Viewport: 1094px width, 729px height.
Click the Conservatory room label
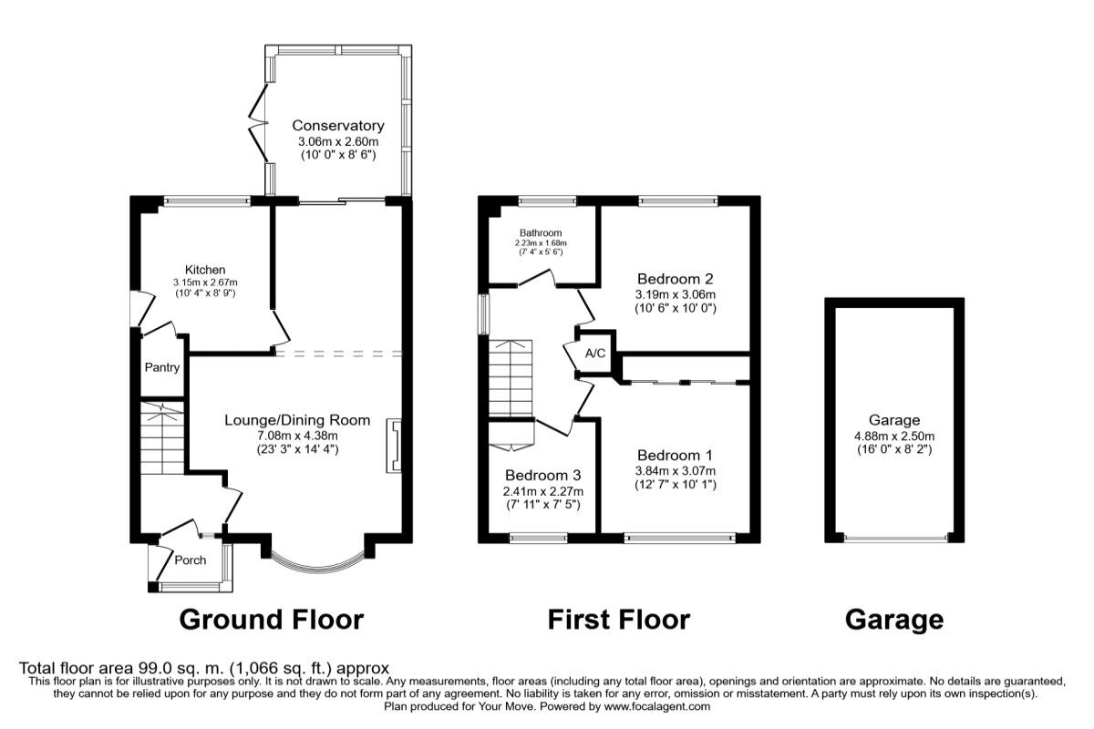(x=337, y=126)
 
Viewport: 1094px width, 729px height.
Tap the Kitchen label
(x=205, y=270)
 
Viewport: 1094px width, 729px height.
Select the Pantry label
(x=161, y=368)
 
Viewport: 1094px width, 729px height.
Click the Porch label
(x=191, y=560)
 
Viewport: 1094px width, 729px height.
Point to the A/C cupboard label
(x=595, y=354)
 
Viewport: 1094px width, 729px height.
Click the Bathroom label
(x=541, y=233)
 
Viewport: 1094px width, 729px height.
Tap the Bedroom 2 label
(x=675, y=279)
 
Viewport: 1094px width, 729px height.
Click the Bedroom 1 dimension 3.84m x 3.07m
(x=676, y=471)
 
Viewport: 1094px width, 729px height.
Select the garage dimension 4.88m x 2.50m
(x=894, y=435)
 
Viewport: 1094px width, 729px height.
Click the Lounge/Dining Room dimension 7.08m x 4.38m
(x=297, y=435)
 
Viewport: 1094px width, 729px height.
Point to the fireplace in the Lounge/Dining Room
(x=395, y=446)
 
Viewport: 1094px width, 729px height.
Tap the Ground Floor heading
(x=271, y=620)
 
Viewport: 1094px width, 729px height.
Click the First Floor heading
(x=618, y=620)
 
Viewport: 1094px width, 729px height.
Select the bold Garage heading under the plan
(x=893, y=620)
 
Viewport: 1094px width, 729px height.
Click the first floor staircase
(x=509, y=378)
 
